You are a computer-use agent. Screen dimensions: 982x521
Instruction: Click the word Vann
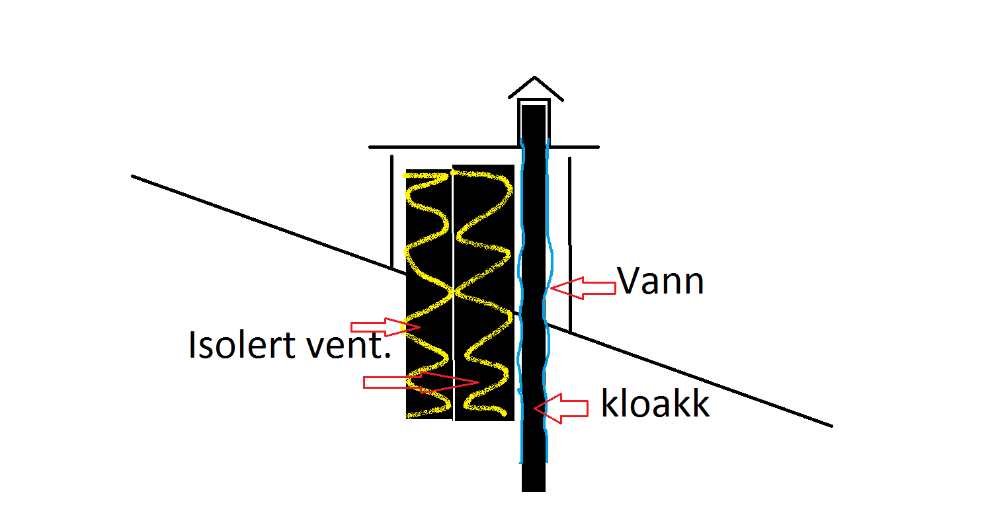pos(660,281)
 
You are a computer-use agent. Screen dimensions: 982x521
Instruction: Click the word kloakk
pos(655,403)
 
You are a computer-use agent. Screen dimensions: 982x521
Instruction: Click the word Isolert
pos(243,344)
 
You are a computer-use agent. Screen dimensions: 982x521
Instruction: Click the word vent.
pos(348,345)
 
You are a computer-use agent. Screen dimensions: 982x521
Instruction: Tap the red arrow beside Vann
pos(583,288)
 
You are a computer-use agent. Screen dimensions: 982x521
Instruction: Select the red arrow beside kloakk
pos(561,409)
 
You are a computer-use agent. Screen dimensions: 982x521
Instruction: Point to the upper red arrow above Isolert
pos(386,327)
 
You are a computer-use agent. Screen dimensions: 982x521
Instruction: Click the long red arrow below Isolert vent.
pos(421,383)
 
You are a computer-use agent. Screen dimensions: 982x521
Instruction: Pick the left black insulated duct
pos(429,294)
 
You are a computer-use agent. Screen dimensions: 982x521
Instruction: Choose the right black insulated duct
pos(484,293)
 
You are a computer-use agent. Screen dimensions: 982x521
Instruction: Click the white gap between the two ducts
pos(453,294)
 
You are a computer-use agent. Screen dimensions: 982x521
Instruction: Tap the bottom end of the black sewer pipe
pos(534,491)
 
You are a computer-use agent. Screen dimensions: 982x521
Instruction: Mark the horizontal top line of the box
pos(484,147)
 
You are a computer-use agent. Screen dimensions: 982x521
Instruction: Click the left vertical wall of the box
pos(392,212)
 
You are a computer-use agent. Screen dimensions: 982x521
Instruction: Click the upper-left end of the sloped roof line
pos(133,177)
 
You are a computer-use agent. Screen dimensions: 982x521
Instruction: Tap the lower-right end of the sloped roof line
pos(832,426)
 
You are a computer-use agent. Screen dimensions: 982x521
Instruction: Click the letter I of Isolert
pos(192,345)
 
